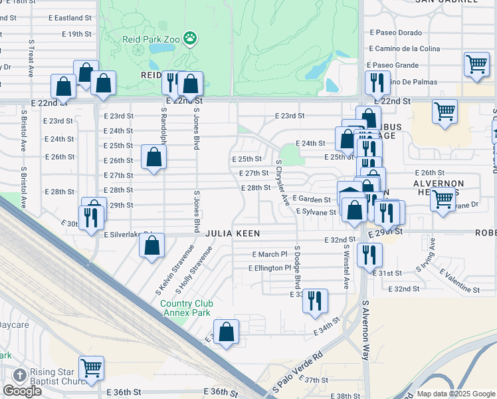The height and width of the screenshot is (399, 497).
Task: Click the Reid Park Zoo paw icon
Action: coord(191,38)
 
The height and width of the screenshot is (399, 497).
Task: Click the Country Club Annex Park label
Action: coord(185,308)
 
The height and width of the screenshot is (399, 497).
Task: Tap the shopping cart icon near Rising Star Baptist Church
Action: coord(91,368)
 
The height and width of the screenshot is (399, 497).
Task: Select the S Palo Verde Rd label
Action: coord(297,368)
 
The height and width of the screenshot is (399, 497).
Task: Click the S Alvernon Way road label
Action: coord(365,330)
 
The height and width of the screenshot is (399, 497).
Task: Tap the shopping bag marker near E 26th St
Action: coord(153,158)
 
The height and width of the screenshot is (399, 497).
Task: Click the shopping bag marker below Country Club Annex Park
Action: coord(226,332)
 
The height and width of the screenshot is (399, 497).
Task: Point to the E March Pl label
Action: coord(270,254)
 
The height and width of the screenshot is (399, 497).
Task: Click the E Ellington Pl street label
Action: coord(270,268)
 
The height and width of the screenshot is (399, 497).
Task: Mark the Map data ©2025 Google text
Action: coord(456,394)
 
